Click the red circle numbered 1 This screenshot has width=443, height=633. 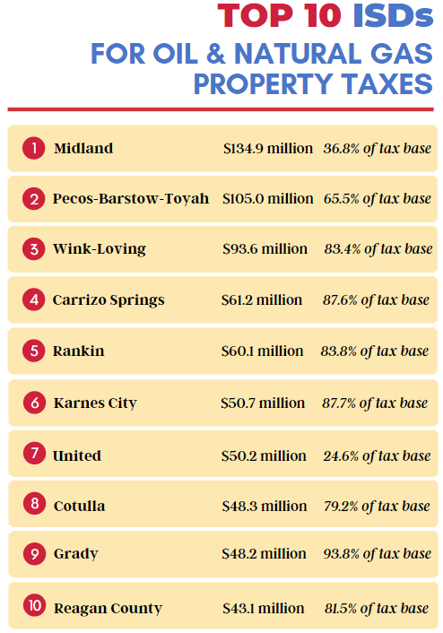point(33,148)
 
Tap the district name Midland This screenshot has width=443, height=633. point(83,148)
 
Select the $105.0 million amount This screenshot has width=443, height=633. point(268,198)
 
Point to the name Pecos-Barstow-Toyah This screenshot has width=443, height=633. point(131,198)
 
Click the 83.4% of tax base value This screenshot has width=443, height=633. point(378,249)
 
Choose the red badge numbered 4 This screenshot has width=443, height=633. point(33,299)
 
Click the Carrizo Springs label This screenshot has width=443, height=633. point(109,300)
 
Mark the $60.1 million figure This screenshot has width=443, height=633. point(262,351)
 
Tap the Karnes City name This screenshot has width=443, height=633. point(95,403)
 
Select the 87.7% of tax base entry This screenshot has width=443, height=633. point(375,403)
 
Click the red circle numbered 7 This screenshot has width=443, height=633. point(34,453)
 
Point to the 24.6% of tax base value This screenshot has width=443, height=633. point(377,456)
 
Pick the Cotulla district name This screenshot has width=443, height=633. point(80,506)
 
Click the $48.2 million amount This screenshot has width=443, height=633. point(264,553)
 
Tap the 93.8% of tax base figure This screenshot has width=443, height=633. point(378,554)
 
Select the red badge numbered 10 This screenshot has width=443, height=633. point(34,604)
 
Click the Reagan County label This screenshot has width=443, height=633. point(108,609)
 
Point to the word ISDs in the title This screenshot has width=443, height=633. point(393,16)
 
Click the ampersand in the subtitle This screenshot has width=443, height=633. point(215,54)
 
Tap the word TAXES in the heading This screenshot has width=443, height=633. point(387,84)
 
